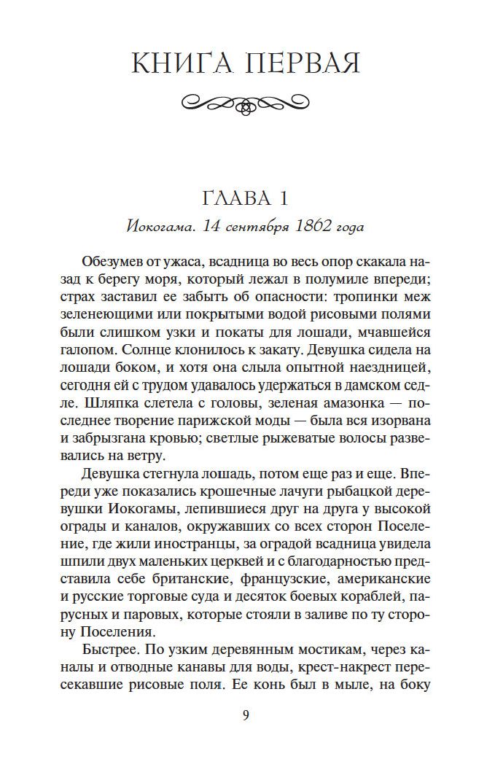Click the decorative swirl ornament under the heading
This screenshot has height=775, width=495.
[246, 103]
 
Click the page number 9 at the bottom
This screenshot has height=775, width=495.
[246, 714]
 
